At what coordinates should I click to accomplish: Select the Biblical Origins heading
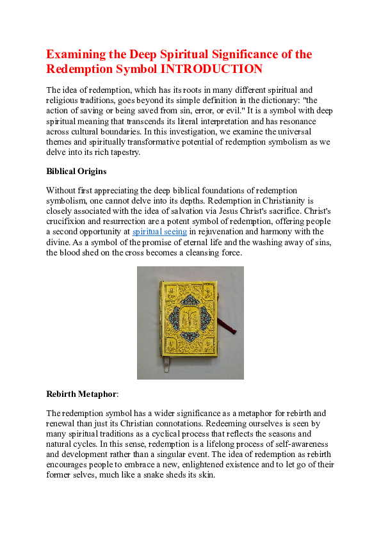pyautogui.click(x=76, y=172)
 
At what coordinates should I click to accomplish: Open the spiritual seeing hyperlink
pyautogui.click(x=159, y=231)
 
